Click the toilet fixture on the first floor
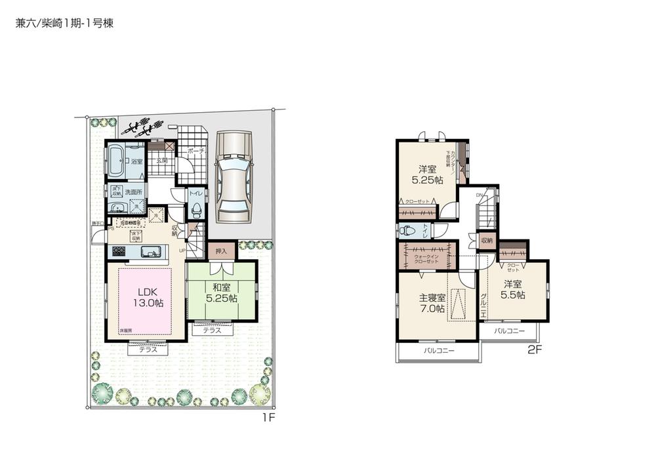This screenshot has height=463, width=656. [x=195, y=210]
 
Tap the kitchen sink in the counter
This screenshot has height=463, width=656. [x=148, y=251]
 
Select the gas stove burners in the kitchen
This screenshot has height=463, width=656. [x=119, y=251]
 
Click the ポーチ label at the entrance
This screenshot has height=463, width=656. [x=197, y=151]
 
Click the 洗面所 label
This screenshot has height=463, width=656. [x=136, y=192]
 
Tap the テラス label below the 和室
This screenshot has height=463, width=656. [x=211, y=331]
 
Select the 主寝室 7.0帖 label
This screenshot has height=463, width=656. [x=432, y=303]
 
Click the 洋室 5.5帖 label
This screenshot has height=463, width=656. [x=514, y=290]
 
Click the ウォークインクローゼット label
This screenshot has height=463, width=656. [x=426, y=258]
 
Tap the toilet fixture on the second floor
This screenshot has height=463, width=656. [x=409, y=230]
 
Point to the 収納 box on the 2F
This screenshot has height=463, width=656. [x=486, y=241]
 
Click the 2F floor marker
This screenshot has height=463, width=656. [x=535, y=350]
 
